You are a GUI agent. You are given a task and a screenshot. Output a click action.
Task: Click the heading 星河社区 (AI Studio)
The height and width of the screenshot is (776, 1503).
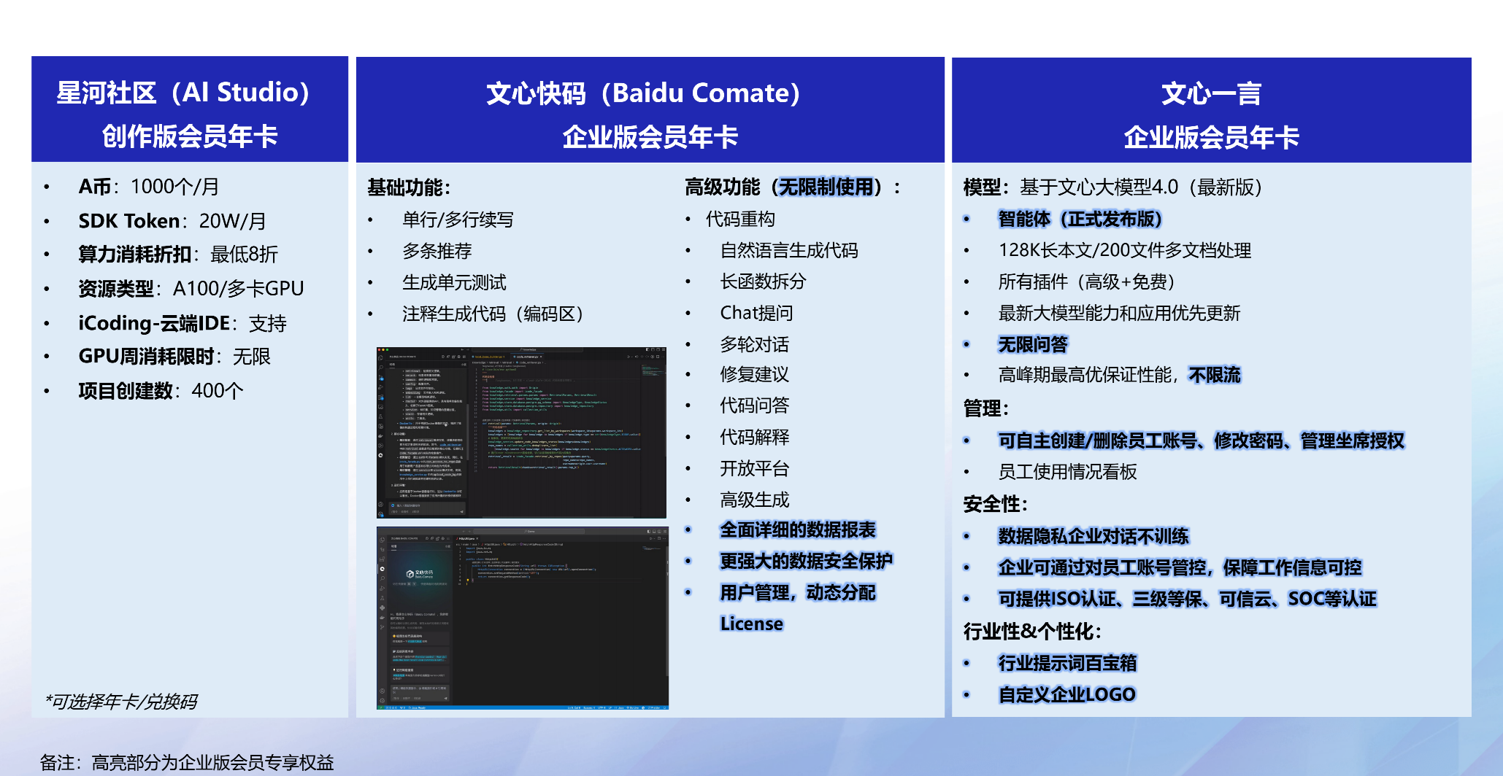tap(183, 93)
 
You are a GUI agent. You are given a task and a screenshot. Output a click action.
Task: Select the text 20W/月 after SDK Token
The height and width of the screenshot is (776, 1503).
tap(232, 221)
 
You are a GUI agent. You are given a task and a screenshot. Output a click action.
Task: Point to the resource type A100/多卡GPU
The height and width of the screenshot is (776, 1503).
tap(238, 289)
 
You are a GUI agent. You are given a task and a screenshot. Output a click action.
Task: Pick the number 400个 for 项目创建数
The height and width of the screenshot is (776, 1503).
tap(217, 391)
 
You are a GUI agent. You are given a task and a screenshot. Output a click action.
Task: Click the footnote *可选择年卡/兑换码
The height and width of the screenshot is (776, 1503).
tap(121, 702)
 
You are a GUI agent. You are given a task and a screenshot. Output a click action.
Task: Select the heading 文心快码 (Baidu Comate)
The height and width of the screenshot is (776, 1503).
tap(643, 93)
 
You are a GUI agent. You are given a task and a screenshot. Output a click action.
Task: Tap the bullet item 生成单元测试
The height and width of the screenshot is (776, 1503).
tap(454, 282)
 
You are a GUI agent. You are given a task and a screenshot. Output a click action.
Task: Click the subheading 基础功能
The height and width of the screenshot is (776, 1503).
tap(408, 187)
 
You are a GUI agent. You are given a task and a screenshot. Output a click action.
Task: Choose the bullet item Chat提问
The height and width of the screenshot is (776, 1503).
tap(756, 313)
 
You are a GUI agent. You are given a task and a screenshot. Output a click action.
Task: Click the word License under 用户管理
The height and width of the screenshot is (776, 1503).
tap(751, 624)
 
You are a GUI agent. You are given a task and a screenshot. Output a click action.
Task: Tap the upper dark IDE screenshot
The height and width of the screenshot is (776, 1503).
tap(521, 432)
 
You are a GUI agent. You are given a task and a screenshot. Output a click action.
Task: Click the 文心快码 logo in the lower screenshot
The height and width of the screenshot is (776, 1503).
tap(420, 574)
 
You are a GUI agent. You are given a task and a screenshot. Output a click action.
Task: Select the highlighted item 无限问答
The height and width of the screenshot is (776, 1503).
tap(1032, 344)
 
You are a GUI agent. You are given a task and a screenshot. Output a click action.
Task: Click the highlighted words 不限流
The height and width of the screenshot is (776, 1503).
tap(1214, 375)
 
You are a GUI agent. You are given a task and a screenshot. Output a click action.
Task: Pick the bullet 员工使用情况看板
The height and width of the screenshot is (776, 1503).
tap(1067, 472)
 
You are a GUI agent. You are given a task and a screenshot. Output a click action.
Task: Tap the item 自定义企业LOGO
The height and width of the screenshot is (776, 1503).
tap(1066, 694)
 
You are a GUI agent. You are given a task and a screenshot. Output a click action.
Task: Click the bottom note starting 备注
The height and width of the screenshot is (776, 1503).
tap(187, 762)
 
